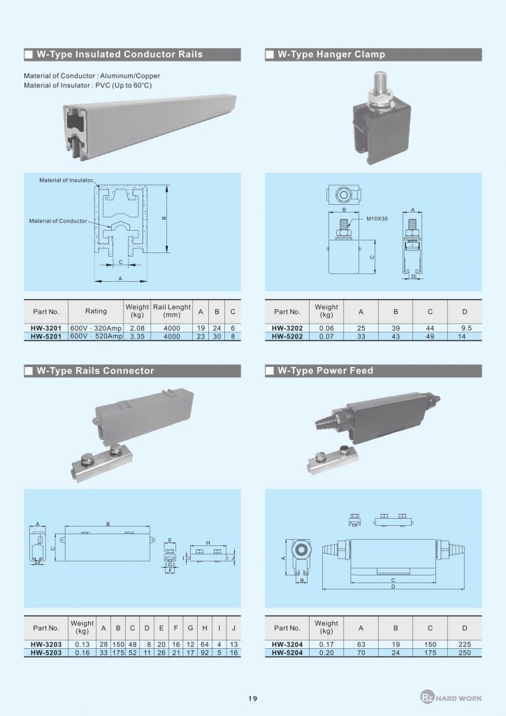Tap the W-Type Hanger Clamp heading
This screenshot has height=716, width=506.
tap(331, 55)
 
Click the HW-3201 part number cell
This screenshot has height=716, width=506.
tap(46, 327)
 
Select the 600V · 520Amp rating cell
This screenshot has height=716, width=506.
tap(96, 336)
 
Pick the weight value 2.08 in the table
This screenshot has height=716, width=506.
tap(137, 327)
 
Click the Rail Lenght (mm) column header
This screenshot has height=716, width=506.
tap(171, 311)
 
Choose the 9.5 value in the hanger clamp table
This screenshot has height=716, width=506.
tap(464, 327)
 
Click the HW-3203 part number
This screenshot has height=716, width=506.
tap(46, 644)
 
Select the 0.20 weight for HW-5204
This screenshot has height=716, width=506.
tap(326, 653)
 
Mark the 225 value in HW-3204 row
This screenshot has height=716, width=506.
tap(464, 644)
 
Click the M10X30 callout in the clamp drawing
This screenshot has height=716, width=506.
tap(378, 219)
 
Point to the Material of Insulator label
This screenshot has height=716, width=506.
tap(66, 180)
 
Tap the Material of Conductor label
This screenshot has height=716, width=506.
tap(58, 221)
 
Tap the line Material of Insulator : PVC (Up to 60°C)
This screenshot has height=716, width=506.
tap(87, 85)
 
